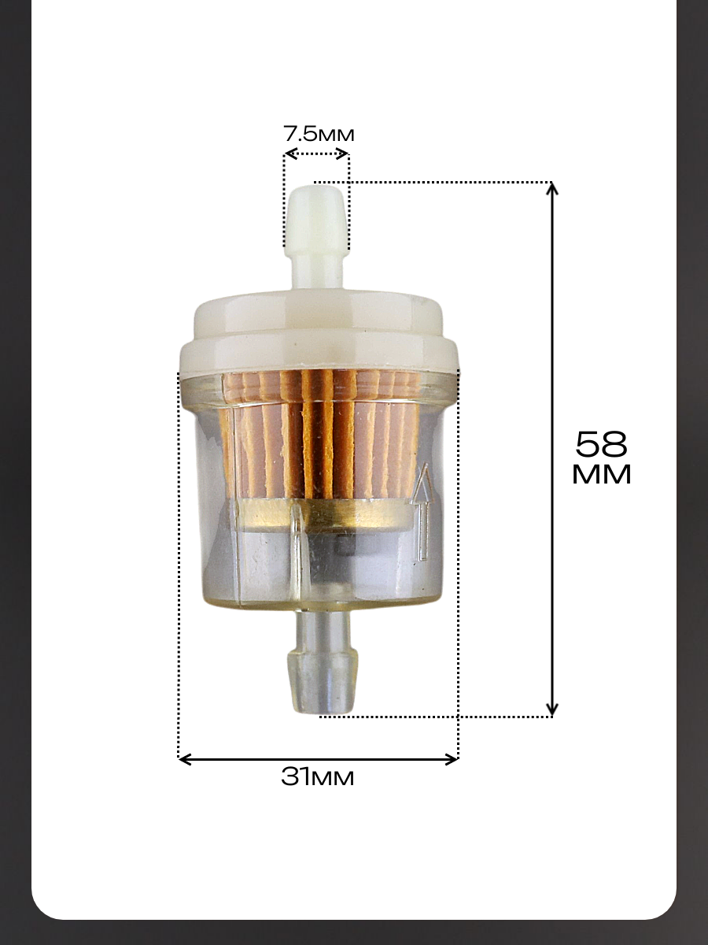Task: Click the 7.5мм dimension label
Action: [x=319, y=134]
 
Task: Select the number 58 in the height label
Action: [x=601, y=444]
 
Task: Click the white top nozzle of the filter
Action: [x=317, y=236]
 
